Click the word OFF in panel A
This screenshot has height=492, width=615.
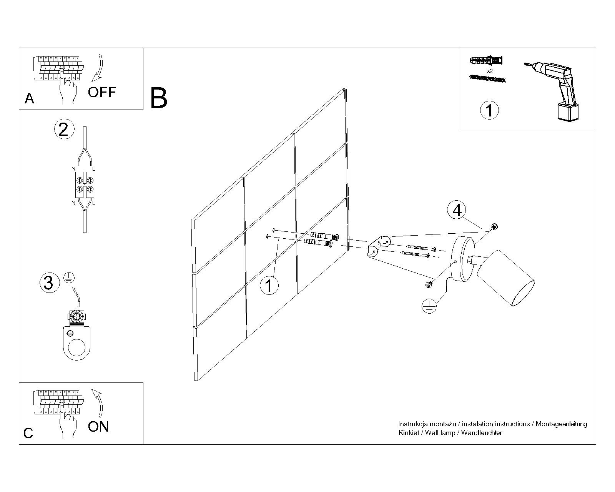click(102, 92)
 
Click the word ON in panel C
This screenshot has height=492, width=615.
click(98, 427)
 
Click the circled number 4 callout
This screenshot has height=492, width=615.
click(457, 211)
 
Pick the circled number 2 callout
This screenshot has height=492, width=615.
click(63, 129)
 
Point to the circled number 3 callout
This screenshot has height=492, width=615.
click(49, 283)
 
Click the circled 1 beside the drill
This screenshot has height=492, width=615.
click(489, 110)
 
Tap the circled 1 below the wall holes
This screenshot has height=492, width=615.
click(269, 286)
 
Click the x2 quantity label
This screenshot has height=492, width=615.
click(489, 71)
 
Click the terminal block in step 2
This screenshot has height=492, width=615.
click(85, 184)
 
